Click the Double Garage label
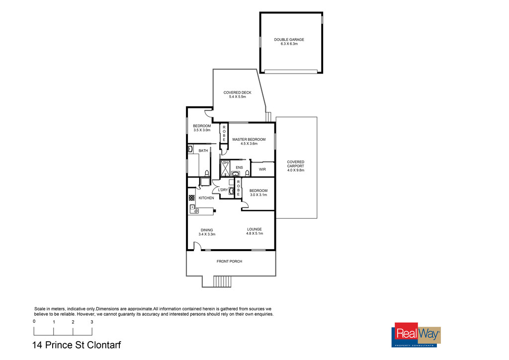[x=289, y=40]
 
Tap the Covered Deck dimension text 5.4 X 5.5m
[x=237, y=97]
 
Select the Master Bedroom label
[x=249, y=140]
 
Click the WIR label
[x=262, y=170]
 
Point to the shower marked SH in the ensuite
[x=225, y=168]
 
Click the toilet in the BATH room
[x=207, y=173]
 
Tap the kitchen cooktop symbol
[x=191, y=198]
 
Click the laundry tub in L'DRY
[x=232, y=191]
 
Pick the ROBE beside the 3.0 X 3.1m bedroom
[x=238, y=188]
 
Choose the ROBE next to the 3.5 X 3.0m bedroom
[x=224, y=133]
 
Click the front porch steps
[x=222, y=281]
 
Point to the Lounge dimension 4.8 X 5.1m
[x=254, y=233]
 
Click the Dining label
[x=207, y=230]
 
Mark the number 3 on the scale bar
[x=92, y=322]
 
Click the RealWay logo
[x=417, y=335]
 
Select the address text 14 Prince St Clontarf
[x=77, y=345]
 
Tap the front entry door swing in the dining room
[x=197, y=246]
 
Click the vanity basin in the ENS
[x=236, y=174]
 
